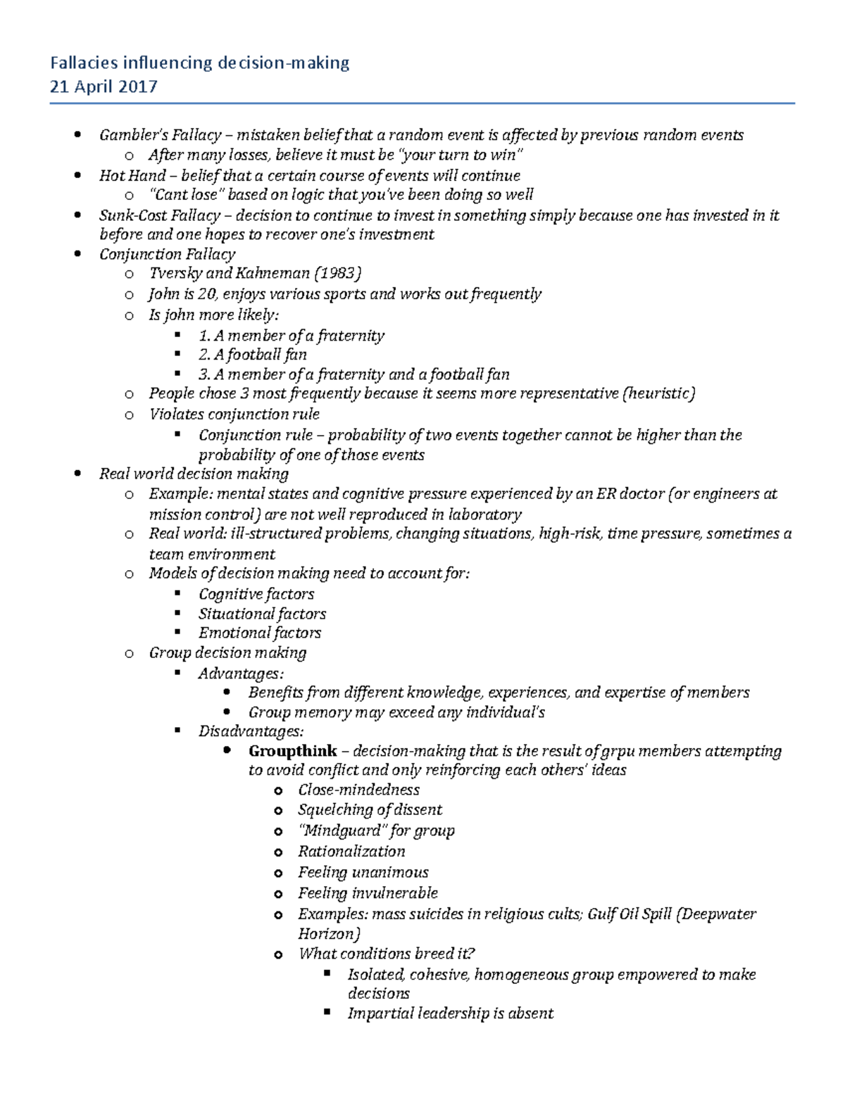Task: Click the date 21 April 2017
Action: coord(104,87)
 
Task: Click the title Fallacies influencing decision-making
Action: coord(199,63)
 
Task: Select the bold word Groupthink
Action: coord(292,751)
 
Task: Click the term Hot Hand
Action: coord(132,175)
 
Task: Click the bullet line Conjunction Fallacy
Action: coord(167,254)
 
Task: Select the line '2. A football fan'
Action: coord(252,355)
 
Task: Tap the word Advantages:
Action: coord(241,674)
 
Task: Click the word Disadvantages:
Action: coord(251,731)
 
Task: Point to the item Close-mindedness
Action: coord(358,790)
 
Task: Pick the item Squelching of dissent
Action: coord(370,810)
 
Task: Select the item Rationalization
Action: coord(351,852)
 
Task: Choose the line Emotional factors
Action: coord(259,633)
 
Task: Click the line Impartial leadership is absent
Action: coord(450,1013)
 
